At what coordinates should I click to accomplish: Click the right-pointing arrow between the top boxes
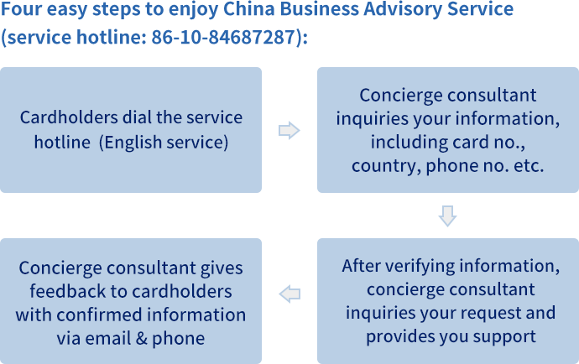[x=289, y=130]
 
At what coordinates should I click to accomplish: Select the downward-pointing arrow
[x=447, y=216]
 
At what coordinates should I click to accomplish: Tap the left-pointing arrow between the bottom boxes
[x=289, y=294]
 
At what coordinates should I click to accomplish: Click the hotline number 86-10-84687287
[x=224, y=37]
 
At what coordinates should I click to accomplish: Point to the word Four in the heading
[x=21, y=9]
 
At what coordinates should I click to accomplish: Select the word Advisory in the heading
[x=403, y=9]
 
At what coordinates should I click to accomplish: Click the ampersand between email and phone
[x=142, y=339]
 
